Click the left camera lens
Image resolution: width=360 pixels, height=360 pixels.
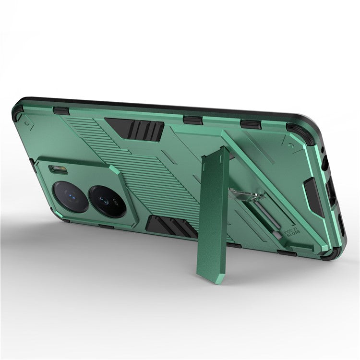[71, 196]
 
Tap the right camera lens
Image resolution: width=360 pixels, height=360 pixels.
[108, 201]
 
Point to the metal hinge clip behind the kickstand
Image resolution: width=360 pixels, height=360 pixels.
[245, 195]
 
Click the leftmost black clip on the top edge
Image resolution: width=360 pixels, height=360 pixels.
[61, 111]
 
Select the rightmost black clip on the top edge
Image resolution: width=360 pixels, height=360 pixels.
[251, 124]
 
